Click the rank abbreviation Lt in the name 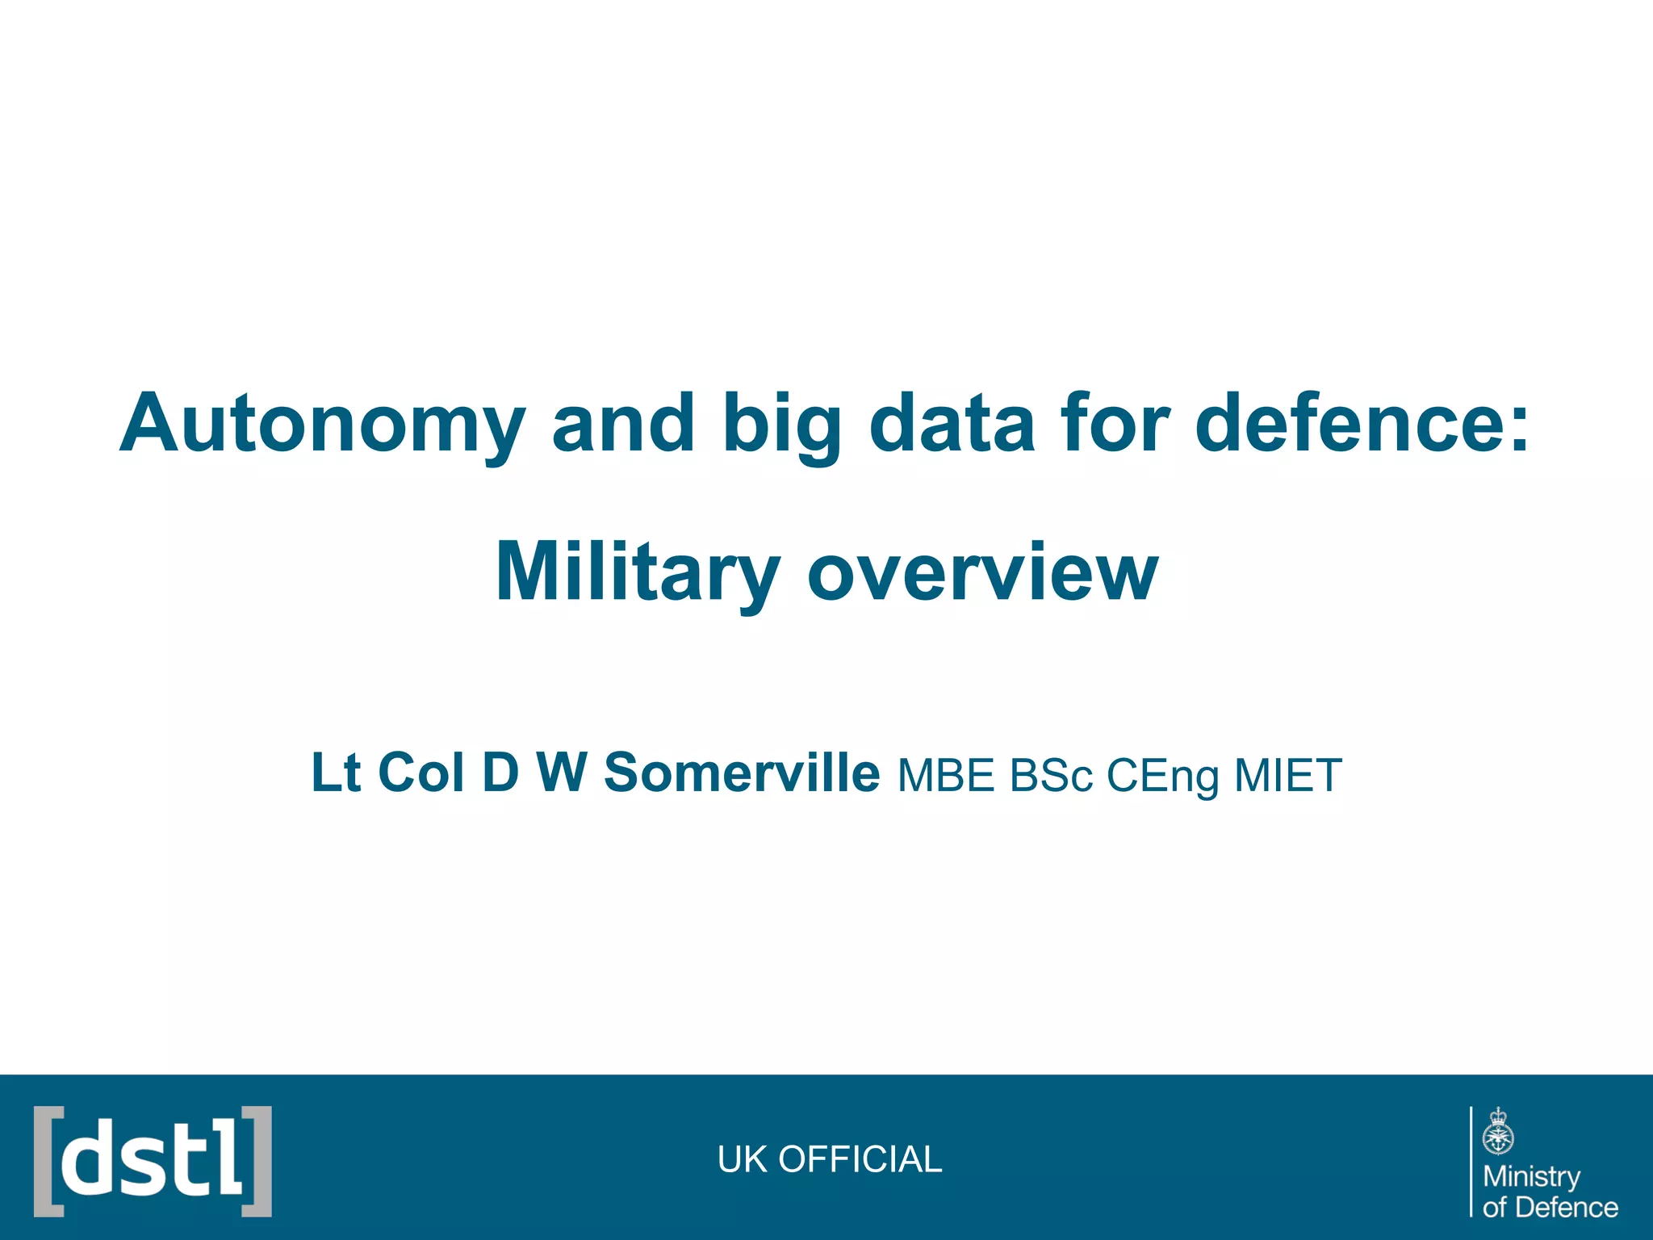[x=335, y=773]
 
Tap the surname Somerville [x=742, y=773]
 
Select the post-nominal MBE [x=946, y=776]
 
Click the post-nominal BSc [x=1052, y=776]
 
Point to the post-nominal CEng [x=1162, y=776]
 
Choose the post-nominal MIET [x=1288, y=776]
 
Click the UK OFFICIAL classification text [x=830, y=1159]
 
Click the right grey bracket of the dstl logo [x=258, y=1161]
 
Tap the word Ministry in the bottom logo [x=1531, y=1176]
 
